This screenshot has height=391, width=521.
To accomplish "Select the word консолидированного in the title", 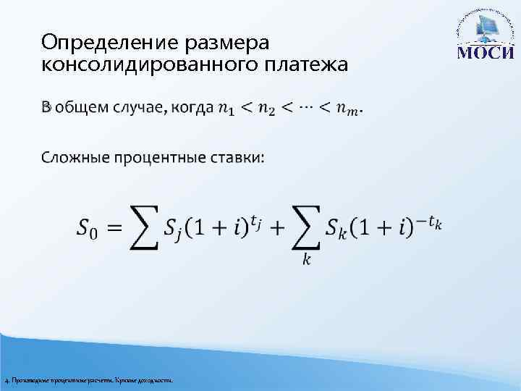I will click(x=145, y=64).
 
